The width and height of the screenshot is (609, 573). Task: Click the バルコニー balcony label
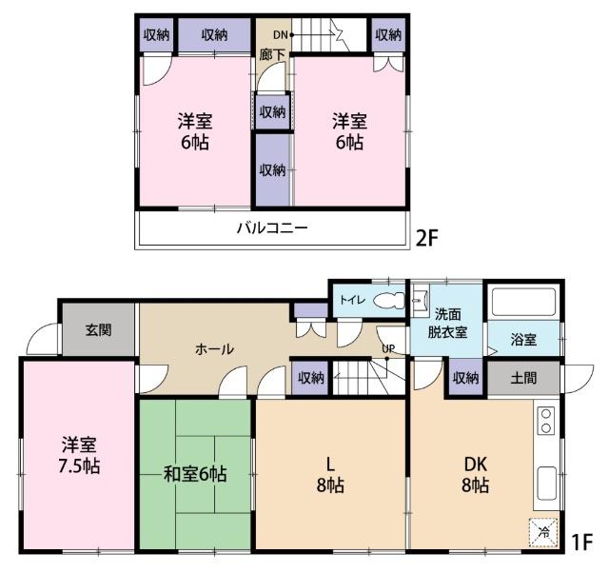click(272, 228)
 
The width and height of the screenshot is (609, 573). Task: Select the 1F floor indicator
click(581, 543)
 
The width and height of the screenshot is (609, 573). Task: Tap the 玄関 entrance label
click(98, 330)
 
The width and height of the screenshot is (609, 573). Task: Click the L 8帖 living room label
click(330, 474)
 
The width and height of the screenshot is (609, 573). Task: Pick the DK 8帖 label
click(476, 474)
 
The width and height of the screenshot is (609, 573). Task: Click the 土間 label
click(522, 378)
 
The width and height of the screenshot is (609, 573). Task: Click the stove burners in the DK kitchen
click(546, 421)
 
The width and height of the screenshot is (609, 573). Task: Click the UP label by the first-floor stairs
click(389, 347)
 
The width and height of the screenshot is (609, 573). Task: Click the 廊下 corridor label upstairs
click(272, 55)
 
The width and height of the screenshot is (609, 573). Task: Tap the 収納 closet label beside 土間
click(465, 378)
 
